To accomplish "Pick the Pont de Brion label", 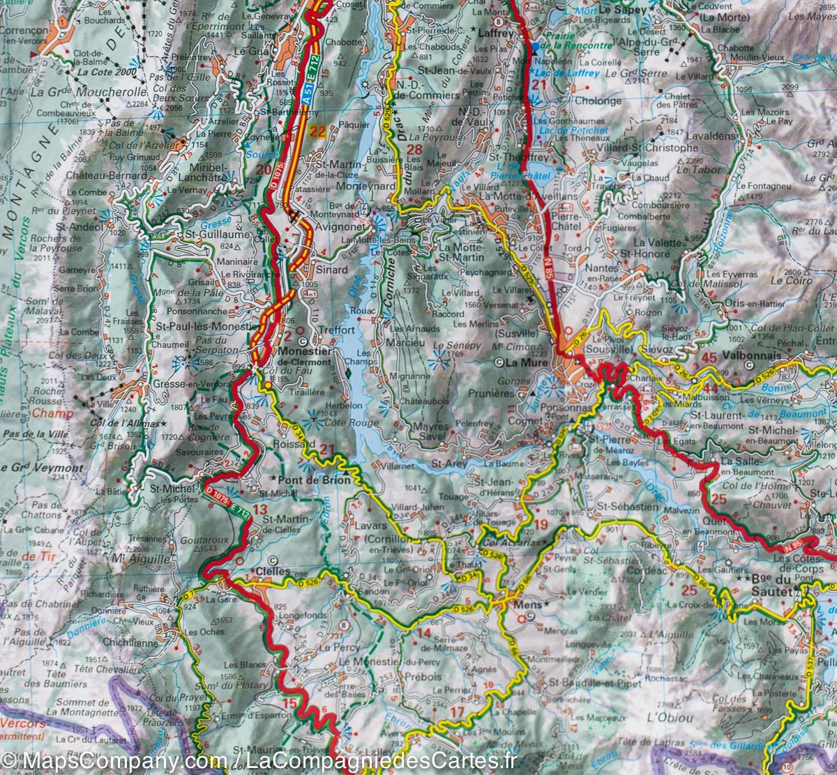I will [x=309, y=480].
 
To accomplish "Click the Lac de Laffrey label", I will [x=560, y=72].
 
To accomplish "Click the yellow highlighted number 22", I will [x=318, y=133].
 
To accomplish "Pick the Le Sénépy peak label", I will [x=448, y=346].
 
